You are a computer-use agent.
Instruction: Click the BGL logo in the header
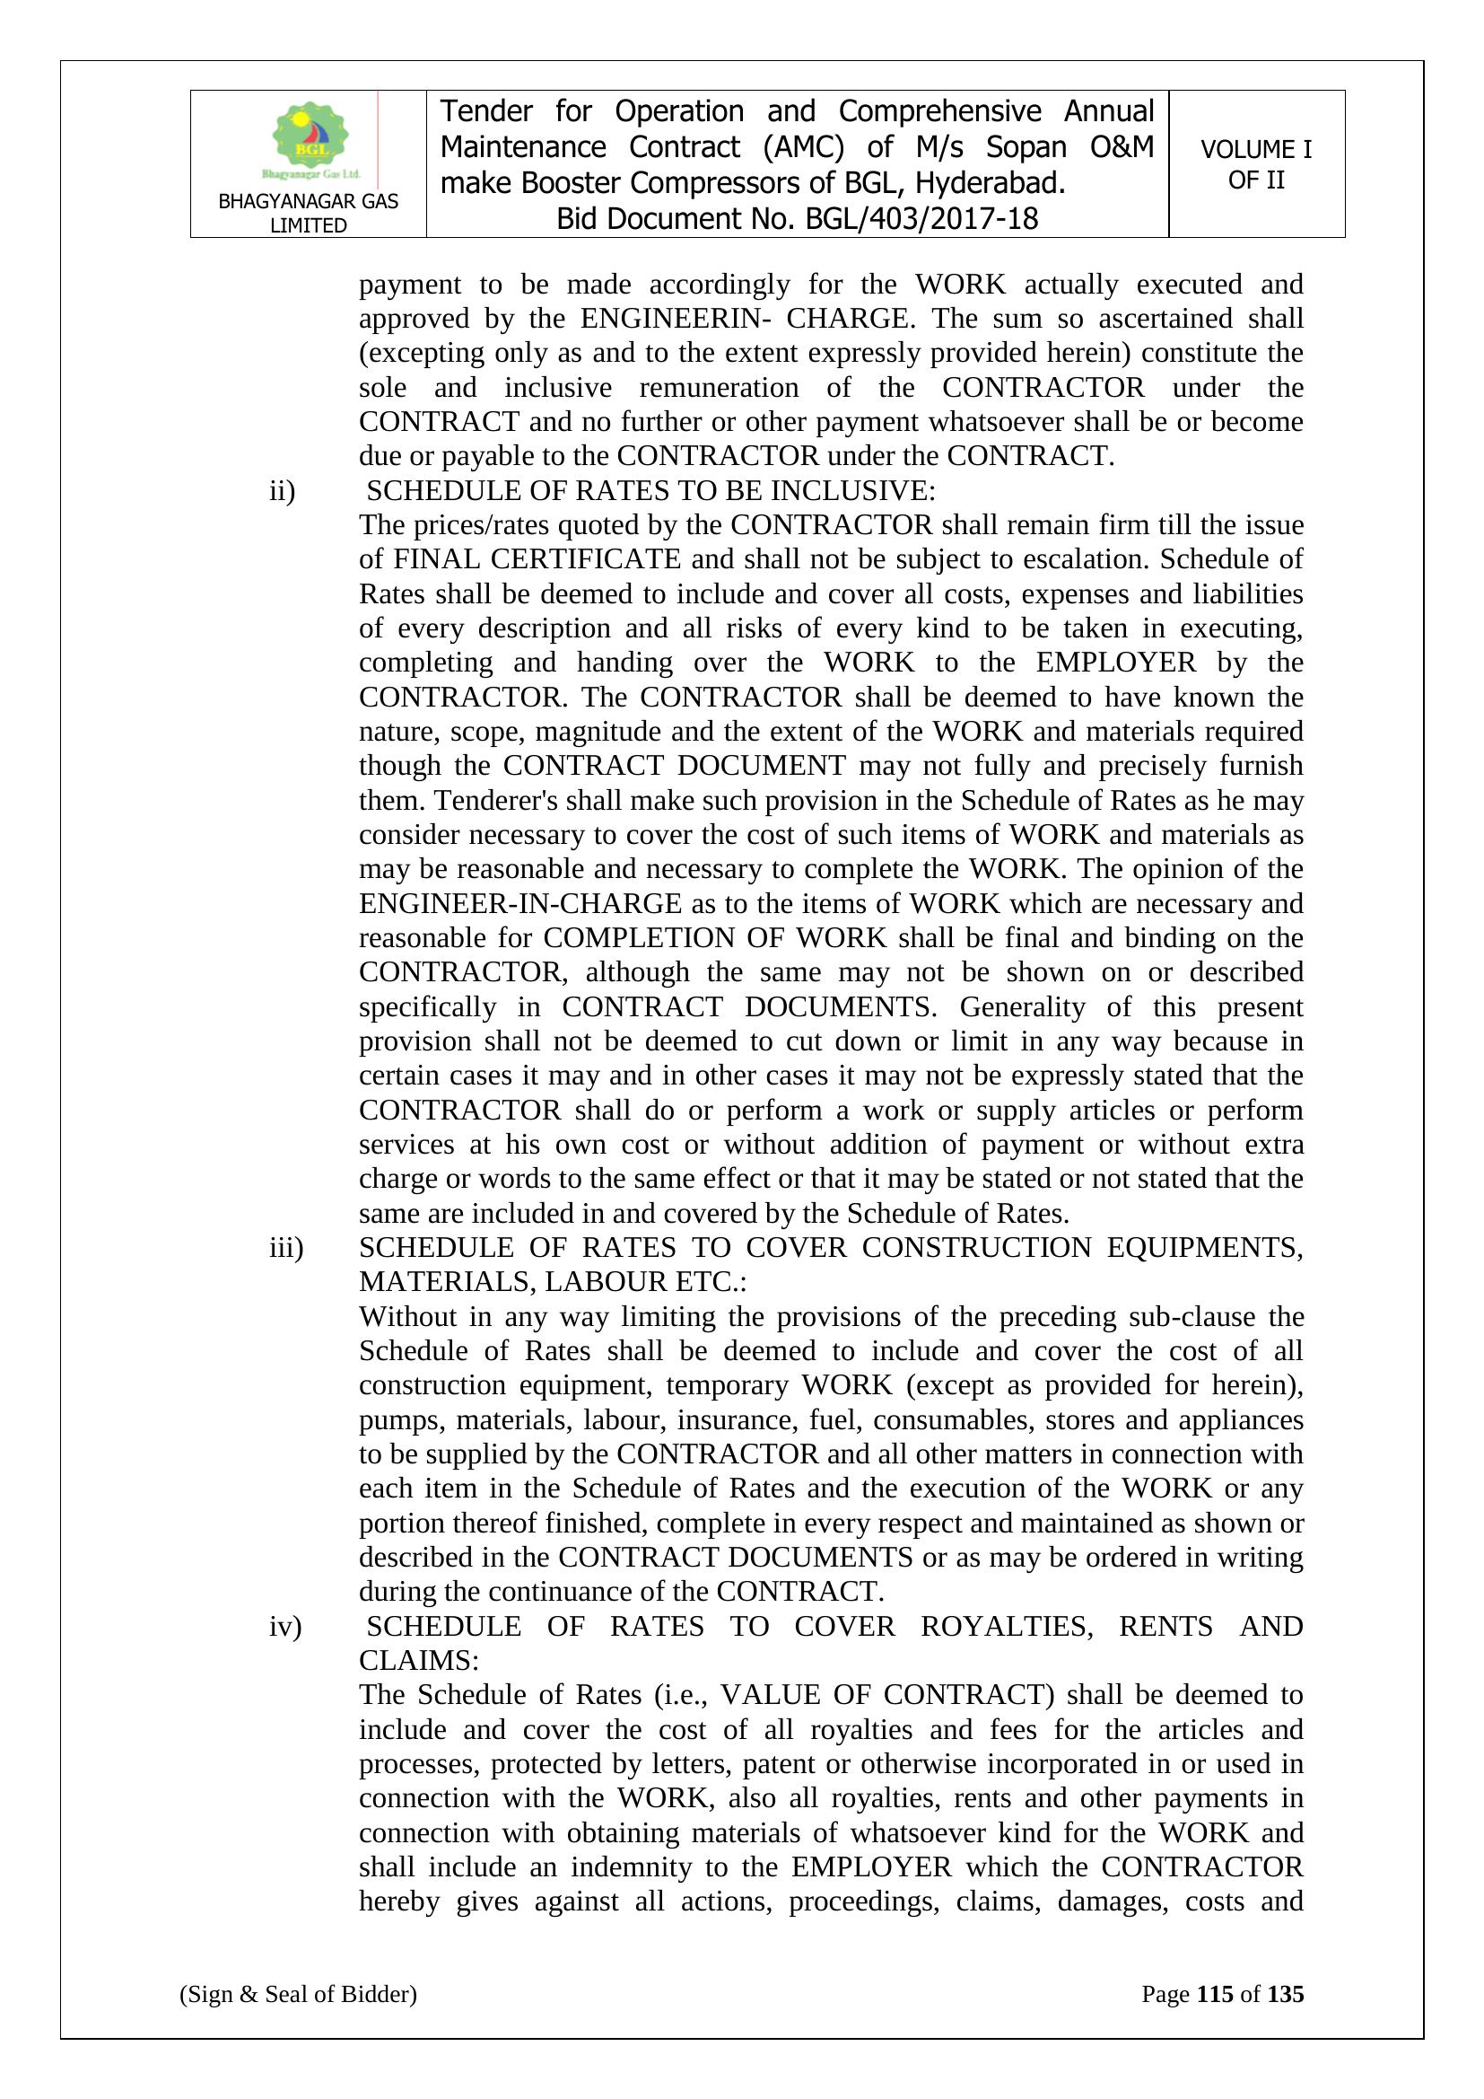click(x=310, y=138)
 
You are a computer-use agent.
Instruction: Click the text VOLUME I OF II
click(x=1255, y=164)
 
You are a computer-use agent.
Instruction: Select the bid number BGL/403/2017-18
click(x=921, y=218)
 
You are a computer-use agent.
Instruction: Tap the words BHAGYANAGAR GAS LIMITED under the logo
click(x=308, y=213)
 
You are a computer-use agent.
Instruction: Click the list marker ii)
click(x=283, y=491)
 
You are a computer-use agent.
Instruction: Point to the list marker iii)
click(x=286, y=1247)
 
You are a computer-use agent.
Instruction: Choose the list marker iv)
click(x=285, y=1627)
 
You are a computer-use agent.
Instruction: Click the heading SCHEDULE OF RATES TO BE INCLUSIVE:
click(x=650, y=491)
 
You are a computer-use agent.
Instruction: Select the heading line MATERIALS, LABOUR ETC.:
click(x=553, y=1282)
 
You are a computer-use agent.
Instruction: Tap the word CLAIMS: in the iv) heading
click(x=418, y=1660)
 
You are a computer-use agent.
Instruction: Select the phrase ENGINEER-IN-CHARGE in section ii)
click(x=520, y=903)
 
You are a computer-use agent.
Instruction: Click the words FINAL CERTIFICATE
click(x=537, y=558)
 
